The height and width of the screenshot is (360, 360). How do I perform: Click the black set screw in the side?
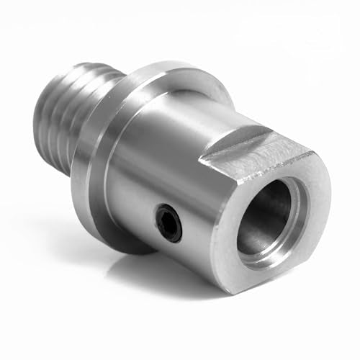pos(167,223)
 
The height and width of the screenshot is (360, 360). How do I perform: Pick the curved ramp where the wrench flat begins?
pos(216,144)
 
